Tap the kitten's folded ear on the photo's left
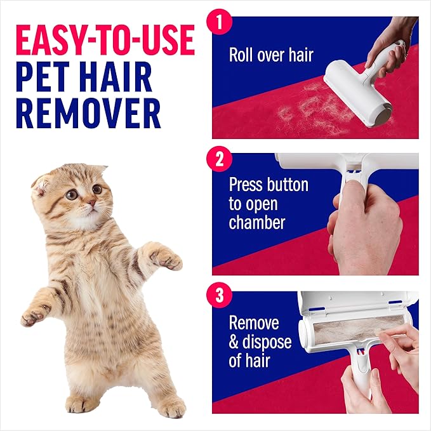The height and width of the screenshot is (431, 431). click(x=43, y=185)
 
